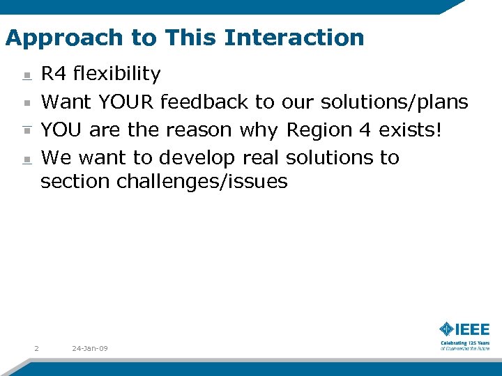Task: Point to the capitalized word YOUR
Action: (126, 102)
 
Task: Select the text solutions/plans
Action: (394, 102)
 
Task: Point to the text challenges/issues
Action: (202, 182)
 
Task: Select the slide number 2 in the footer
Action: (36, 348)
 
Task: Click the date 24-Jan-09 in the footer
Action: (90, 348)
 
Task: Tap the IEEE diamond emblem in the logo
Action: (446, 329)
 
